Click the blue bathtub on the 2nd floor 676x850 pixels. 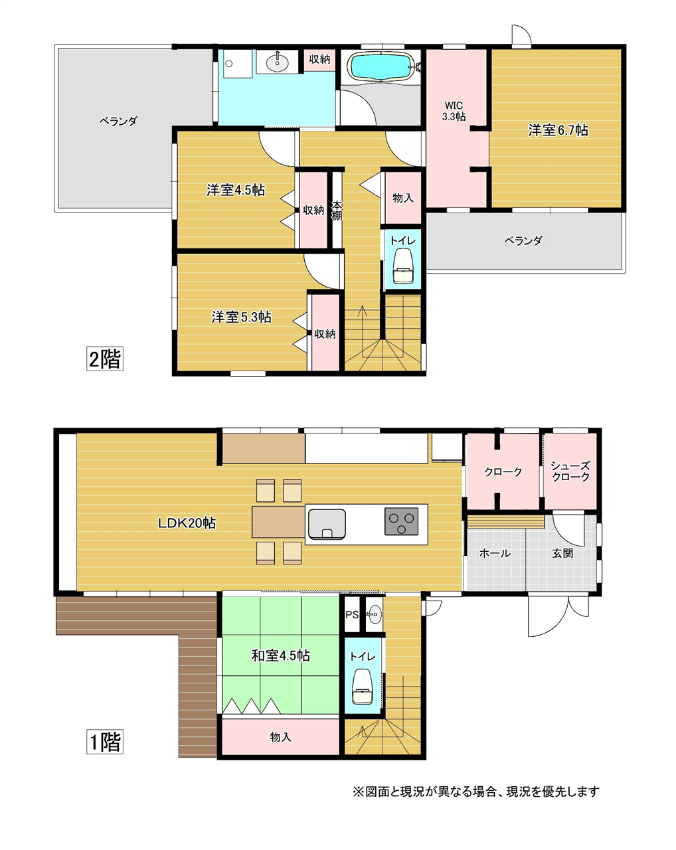pos(380,66)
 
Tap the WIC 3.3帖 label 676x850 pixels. pos(453,111)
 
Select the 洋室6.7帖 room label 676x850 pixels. pos(558,130)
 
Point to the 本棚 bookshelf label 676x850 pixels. pos(336,211)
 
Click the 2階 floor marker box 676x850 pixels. pos(105,358)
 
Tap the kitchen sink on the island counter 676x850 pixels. pos(327,524)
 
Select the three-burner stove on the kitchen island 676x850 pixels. pos(401,521)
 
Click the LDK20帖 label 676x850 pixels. pos(187,523)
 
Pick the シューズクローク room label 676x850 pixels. pos(570,471)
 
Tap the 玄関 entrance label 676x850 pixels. pos(562,553)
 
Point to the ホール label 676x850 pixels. pos(495,553)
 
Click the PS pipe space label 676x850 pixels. pos(352,615)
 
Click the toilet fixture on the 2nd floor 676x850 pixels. pos(403,265)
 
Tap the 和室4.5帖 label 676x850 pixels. pos(280,655)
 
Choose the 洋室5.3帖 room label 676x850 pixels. pos(241,317)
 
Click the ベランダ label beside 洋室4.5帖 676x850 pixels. pos(118,121)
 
